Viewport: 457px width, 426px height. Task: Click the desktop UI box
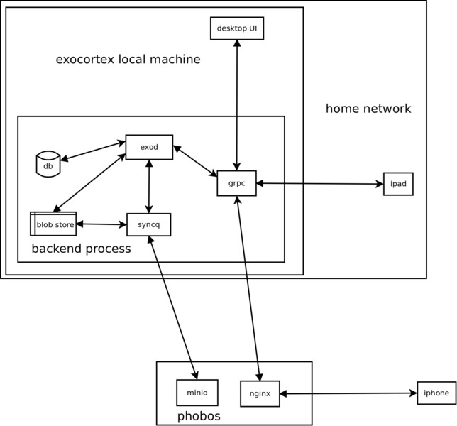point(237,28)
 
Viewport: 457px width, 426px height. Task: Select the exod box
point(149,147)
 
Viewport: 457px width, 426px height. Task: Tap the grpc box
point(236,183)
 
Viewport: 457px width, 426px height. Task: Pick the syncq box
point(148,224)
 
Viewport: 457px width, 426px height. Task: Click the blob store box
point(53,224)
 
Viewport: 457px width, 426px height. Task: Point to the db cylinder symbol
point(48,164)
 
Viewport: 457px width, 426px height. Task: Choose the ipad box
point(397,184)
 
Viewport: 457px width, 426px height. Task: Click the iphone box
point(436,393)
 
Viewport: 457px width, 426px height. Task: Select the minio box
point(197,393)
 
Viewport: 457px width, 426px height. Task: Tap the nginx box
point(260,393)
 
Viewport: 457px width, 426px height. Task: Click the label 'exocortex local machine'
point(128,60)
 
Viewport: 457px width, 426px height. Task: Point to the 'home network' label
point(368,109)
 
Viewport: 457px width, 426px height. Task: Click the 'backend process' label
point(81,248)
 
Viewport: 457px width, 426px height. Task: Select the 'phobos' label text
point(199,416)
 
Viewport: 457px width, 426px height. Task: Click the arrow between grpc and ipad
point(319,184)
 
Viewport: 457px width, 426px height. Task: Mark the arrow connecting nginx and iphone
point(348,393)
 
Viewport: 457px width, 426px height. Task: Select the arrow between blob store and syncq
point(101,224)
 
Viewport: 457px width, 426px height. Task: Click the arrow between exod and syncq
point(149,186)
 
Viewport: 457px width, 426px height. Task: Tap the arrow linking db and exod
point(92,151)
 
